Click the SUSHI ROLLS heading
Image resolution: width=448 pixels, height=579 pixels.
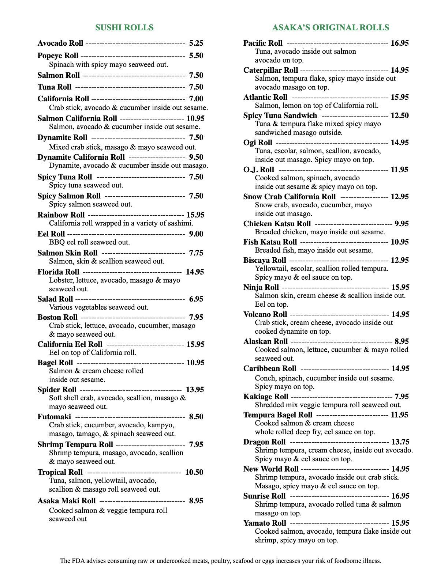124,27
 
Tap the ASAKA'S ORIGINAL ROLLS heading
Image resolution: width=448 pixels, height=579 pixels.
330,27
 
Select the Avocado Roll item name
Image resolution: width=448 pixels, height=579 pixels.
60,43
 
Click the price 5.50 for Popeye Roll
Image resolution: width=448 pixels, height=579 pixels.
196,56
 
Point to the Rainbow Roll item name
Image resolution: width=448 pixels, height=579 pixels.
61,215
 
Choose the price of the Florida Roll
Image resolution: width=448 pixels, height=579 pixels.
195,272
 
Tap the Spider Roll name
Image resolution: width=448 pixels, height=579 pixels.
57,390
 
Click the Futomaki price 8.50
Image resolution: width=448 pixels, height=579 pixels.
196,417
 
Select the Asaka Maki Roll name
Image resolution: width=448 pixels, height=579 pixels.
67,501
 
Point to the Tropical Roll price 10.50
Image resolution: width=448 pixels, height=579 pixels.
194,472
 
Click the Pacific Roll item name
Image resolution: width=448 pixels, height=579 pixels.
263,43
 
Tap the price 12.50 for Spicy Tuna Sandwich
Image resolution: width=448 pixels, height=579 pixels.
400,116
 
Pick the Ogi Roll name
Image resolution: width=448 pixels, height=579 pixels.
258,143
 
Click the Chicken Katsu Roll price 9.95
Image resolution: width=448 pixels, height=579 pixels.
402,224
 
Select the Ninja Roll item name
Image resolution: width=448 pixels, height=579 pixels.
261,287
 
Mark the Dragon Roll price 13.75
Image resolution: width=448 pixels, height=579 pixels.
400,442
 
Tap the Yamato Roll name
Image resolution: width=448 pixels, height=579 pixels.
265,523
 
